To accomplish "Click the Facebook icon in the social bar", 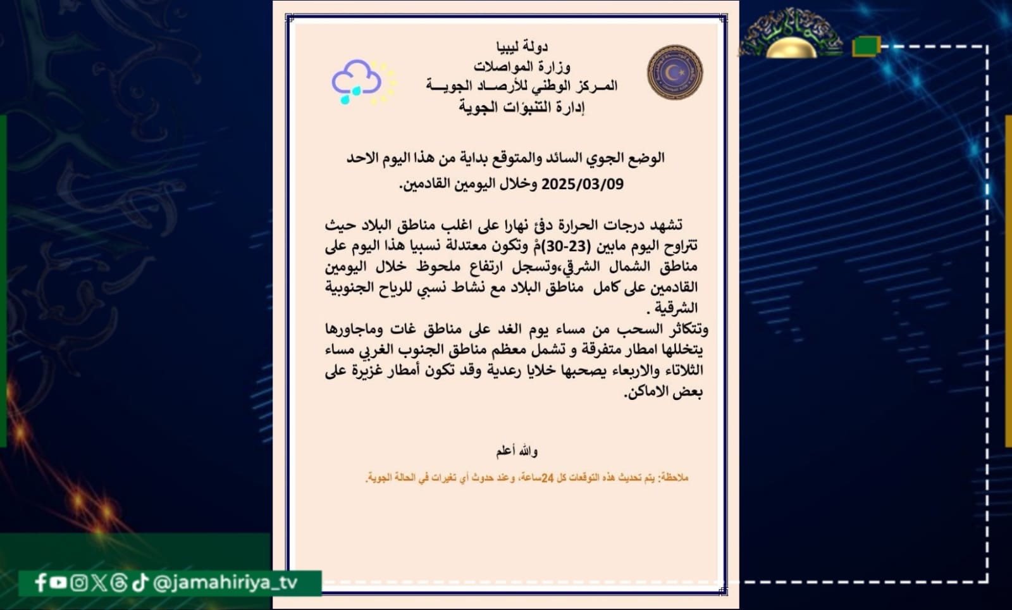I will (x=40, y=582).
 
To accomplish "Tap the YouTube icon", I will (x=59, y=582).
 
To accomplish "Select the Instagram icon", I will (x=79, y=582).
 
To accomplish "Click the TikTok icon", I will (x=140, y=582).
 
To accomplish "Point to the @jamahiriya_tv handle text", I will (x=225, y=582).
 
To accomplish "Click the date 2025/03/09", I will (x=582, y=184).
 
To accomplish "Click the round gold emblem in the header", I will (x=675, y=72).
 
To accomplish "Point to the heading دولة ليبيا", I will (x=522, y=46).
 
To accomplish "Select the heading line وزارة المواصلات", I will (x=522, y=66).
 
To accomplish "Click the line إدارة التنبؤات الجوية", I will (x=522, y=107).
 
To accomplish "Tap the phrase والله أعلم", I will (x=517, y=451).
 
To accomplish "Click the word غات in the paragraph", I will (x=403, y=329).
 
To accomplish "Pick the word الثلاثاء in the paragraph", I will (x=680, y=370).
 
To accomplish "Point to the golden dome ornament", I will (x=791, y=47).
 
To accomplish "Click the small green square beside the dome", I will (x=866, y=46).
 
